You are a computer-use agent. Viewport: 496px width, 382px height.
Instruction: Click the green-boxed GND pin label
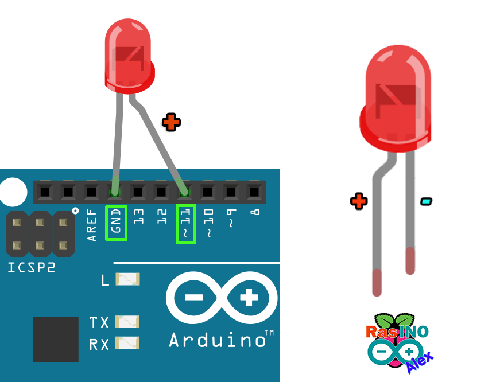click(x=117, y=223)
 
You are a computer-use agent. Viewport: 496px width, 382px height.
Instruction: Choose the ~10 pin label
click(x=208, y=223)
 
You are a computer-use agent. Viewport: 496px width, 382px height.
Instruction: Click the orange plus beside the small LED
click(x=171, y=122)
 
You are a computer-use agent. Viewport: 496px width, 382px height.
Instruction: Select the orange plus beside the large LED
click(x=359, y=201)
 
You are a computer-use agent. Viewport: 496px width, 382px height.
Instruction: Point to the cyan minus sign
click(x=426, y=201)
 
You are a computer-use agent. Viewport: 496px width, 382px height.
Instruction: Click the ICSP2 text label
click(x=32, y=267)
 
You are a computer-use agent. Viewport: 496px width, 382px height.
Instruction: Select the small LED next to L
click(x=127, y=279)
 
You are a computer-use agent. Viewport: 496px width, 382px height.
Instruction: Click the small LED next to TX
click(x=127, y=322)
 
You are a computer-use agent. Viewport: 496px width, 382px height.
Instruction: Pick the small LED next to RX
click(x=127, y=343)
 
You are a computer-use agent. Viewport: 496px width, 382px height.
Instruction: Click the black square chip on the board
click(x=56, y=339)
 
